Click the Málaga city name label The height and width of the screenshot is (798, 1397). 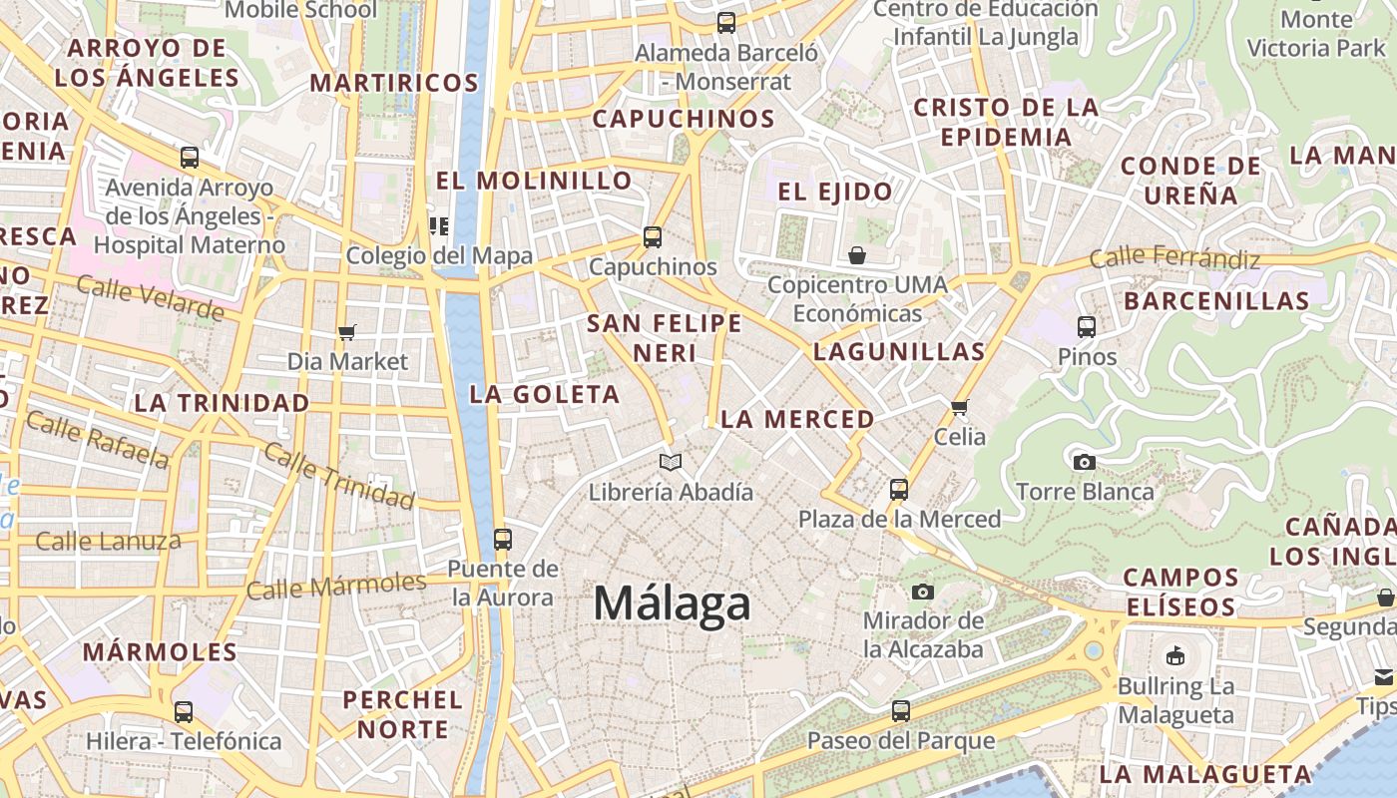click(x=672, y=603)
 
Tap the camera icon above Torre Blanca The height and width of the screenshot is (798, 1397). click(x=1085, y=462)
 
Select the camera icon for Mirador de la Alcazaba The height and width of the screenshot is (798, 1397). click(x=923, y=592)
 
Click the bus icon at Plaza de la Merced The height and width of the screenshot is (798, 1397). click(x=899, y=489)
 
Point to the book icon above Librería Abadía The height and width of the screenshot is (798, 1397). click(x=671, y=462)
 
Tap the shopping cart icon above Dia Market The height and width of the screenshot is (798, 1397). click(x=347, y=332)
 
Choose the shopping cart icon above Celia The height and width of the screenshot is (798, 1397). click(x=960, y=406)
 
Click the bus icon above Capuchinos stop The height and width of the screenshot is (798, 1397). click(x=653, y=237)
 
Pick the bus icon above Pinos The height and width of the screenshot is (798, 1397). click(x=1087, y=326)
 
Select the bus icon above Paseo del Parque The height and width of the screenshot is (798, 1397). click(x=901, y=711)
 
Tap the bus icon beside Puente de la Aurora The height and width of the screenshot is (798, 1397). click(x=503, y=539)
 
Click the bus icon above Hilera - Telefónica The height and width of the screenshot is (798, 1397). click(x=184, y=712)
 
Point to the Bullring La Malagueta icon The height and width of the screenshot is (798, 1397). click(x=1175, y=656)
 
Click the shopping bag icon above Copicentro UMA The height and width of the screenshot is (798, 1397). click(x=857, y=256)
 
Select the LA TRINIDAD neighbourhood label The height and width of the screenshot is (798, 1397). click(x=222, y=403)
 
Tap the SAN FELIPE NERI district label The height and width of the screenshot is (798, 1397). click(x=664, y=338)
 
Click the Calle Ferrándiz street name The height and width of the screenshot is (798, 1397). click(x=1174, y=258)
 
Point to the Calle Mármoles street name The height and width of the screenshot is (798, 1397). click(x=336, y=586)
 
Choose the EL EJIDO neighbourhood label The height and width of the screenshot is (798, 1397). click(x=835, y=192)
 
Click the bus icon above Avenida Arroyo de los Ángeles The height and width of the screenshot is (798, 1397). click(x=190, y=157)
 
